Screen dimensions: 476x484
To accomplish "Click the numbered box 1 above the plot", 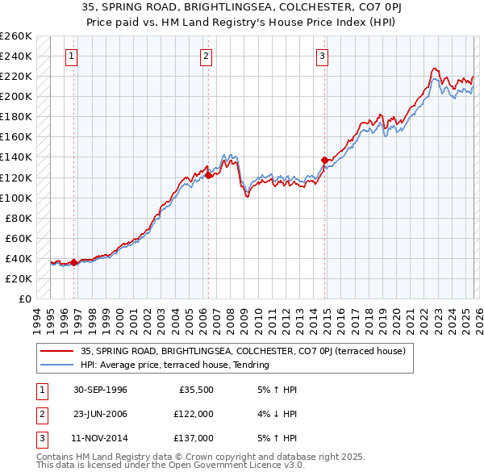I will [x=73, y=56].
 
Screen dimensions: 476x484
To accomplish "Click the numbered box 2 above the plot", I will [x=207, y=56].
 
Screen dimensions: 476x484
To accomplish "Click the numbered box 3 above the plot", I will [x=322, y=56].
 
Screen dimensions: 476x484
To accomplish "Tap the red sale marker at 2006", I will [x=208, y=175].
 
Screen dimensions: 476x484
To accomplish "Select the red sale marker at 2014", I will [x=324, y=160].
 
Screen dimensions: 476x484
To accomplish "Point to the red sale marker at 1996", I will [x=73, y=262].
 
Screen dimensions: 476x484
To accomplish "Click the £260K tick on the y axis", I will [x=16, y=36].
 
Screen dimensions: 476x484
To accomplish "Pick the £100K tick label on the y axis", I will [x=16, y=198].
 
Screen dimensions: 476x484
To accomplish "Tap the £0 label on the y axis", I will [x=25, y=299].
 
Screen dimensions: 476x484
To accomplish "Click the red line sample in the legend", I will [x=57, y=351].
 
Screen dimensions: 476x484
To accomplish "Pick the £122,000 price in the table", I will [x=194, y=414].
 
